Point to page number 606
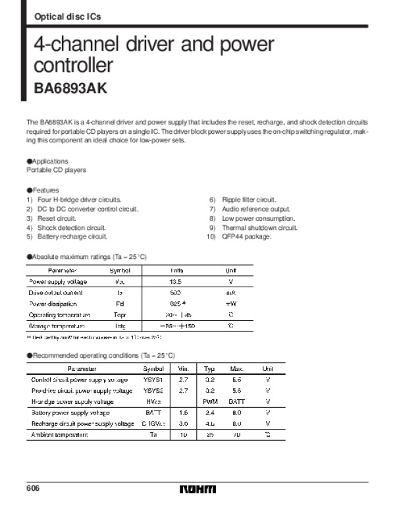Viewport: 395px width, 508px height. pyautogui.click(x=34, y=488)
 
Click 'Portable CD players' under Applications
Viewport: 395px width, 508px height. pyautogui.click(x=56, y=170)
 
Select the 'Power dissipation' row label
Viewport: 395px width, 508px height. pyautogui.click(x=53, y=304)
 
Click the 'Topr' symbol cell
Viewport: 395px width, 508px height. pyautogui.click(x=119, y=315)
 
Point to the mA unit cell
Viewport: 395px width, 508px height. pyautogui.click(x=230, y=293)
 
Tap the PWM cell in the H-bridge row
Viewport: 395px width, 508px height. pyautogui.click(x=210, y=401)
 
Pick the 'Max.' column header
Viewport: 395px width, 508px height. pyautogui.click(x=236, y=369)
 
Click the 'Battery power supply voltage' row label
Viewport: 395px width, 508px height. pyautogui.click(x=70, y=412)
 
